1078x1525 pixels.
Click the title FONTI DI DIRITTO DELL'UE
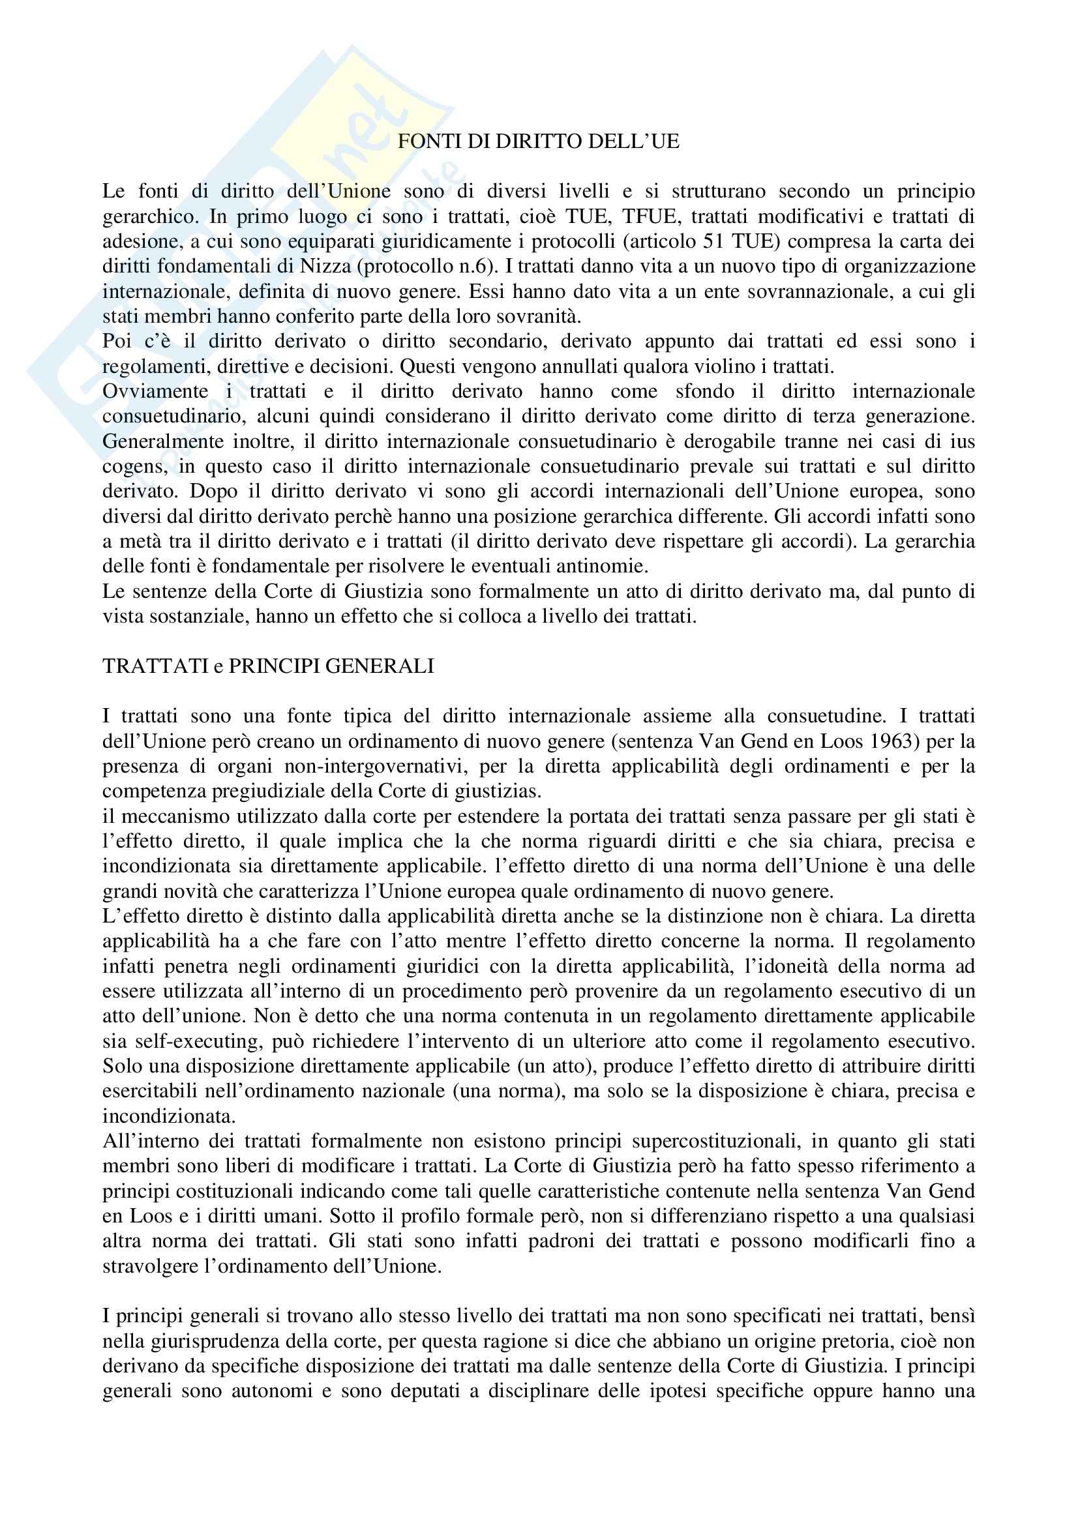click(x=539, y=142)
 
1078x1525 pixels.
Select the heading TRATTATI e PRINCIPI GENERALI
click(x=268, y=666)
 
